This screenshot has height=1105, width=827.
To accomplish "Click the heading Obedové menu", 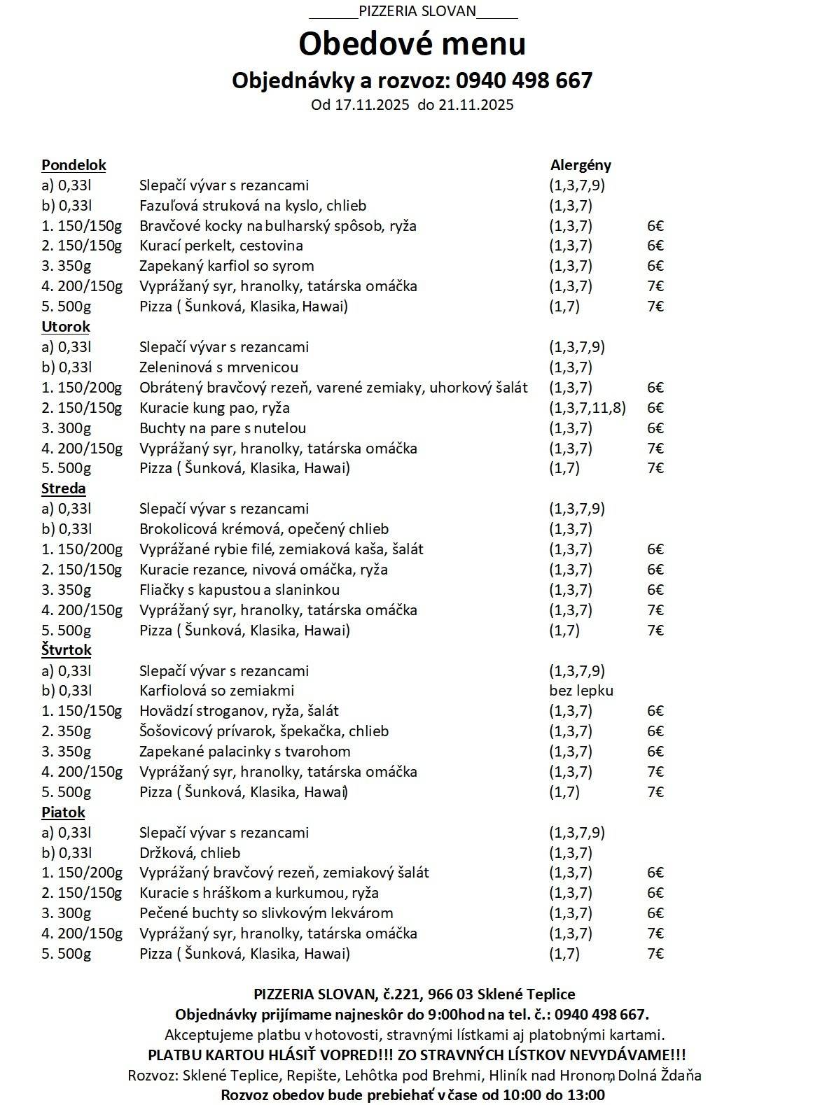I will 412,44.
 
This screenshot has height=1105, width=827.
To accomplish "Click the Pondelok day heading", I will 74,165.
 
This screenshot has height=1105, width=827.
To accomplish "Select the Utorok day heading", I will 66,327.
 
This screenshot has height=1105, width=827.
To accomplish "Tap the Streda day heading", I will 64,488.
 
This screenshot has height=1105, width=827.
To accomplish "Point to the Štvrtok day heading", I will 67,650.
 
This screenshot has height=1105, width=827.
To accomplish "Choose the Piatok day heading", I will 63,812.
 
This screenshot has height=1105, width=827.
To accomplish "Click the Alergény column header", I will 581,165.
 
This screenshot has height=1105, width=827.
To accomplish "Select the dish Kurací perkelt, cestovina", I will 221,246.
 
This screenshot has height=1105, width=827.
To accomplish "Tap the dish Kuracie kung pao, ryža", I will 214,408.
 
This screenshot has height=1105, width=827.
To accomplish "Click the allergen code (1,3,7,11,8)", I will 588,408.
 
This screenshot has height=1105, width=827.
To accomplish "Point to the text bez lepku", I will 581,691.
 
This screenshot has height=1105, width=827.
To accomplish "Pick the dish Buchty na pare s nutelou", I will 223,428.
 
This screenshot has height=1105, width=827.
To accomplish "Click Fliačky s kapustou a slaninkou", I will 239,590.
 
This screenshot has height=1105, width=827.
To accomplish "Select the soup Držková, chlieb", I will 190,853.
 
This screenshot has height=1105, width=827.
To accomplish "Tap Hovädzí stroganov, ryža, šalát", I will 239,711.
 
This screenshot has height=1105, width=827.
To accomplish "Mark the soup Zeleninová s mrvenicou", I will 218,367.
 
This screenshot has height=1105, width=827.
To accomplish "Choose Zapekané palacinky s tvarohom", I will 245,752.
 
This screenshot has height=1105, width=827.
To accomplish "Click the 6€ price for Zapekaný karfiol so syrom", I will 655,266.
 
